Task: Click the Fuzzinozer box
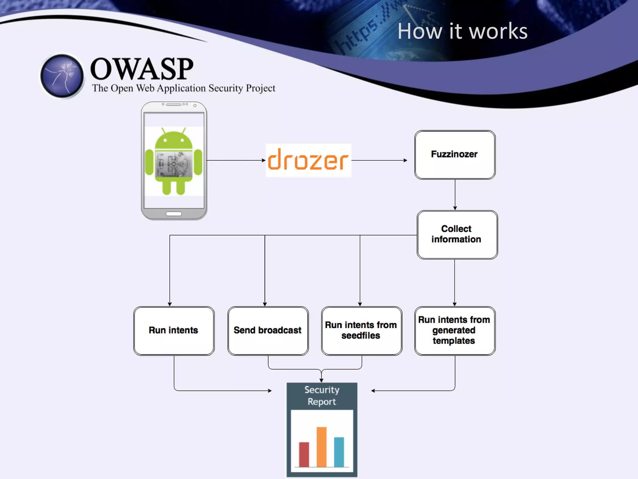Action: pyautogui.click(x=455, y=155)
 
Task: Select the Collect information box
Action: pyautogui.click(x=457, y=235)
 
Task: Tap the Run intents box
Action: pyautogui.click(x=174, y=331)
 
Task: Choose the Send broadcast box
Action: pyautogui.click(x=268, y=331)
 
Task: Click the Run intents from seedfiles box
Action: pyautogui.click(x=361, y=331)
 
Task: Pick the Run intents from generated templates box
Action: pyautogui.click(x=455, y=331)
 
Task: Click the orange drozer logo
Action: pyautogui.click(x=308, y=160)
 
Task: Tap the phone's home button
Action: pyautogui.click(x=174, y=214)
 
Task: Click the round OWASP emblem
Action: pyautogui.click(x=62, y=76)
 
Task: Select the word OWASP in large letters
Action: pyautogui.click(x=142, y=69)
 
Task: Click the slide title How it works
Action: pyautogui.click(x=462, y=31)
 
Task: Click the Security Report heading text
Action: pyautogui.click(x=322, y=396)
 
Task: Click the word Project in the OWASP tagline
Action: pyautogui.click(x=260, y=88)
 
